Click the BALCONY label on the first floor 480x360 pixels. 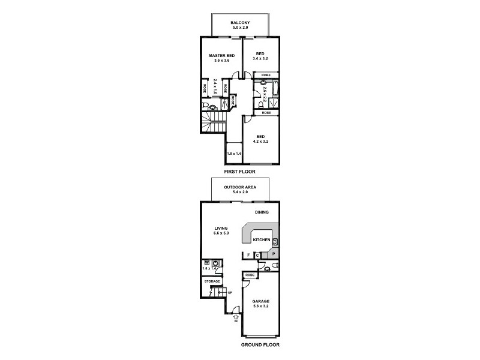[240, 22]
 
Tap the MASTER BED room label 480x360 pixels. [221, 56]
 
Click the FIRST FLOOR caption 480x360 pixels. [240, 172]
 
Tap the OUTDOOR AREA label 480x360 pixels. [240, 187]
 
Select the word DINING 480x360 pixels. [261, 212]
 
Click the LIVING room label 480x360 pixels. [221, 227]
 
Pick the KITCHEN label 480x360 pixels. [262, 239]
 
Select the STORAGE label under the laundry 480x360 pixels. [212, 281]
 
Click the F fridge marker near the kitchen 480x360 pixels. [248, 255]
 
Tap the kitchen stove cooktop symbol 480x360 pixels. [275, 242]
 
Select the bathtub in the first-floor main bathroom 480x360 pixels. [275, 90]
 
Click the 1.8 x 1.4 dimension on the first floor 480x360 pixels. [233, 154]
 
